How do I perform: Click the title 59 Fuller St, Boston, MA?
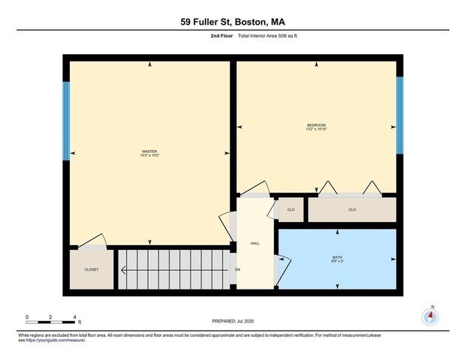[233, 22]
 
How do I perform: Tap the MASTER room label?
[149, 151]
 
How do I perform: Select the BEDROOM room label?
[316, 124]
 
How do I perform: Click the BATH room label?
[337, 257]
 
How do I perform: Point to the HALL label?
[254, 243]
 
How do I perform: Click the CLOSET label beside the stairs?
[92, 268]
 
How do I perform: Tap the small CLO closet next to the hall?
[291, 209]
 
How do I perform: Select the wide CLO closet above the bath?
[352, 209]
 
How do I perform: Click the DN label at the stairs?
[237, 268]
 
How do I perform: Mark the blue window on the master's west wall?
[66, 119]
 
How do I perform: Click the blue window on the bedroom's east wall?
[399, 114]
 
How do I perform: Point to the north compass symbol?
[431, 316]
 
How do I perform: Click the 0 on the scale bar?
[27, 317]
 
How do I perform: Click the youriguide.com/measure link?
[56, 340]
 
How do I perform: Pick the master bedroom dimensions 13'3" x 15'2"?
[149, 155]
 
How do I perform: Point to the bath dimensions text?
[337, 262]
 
